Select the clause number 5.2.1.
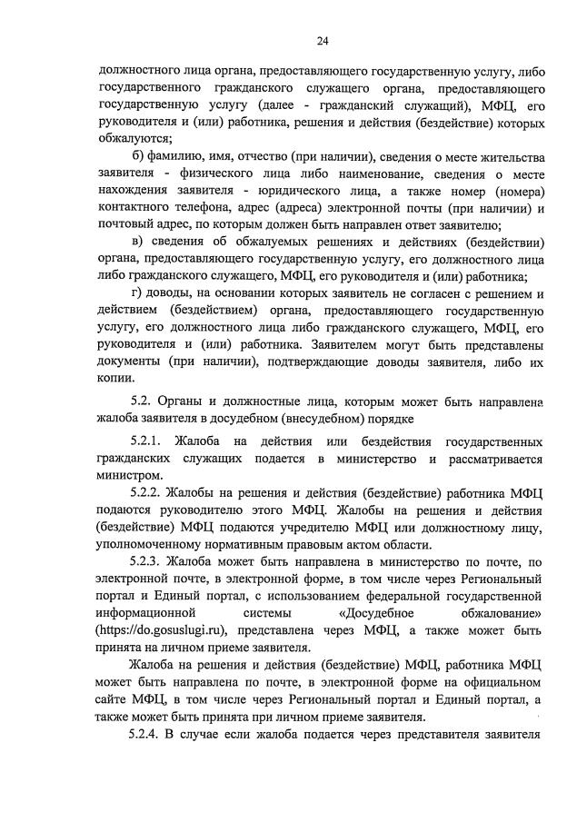pos(150,441)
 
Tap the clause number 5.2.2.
pos(150,493)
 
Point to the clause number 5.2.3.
pos(150,561)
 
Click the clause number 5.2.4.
pos(150,732)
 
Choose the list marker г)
pos(138,292)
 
